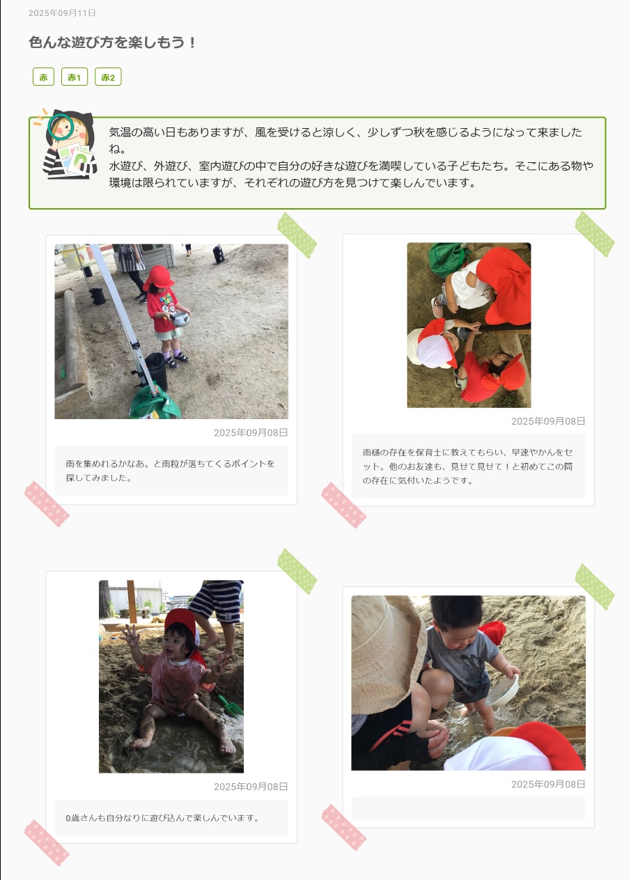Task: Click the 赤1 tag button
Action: tap(75, 77)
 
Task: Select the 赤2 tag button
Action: tap(108, 77)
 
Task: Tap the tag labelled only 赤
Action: tap(43, 77)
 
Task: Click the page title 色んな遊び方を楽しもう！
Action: tap(112, 42)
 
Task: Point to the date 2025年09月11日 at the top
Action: tap(62, 13)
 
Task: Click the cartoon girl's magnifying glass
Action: tap(61, 127)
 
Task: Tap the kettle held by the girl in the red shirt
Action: tap(180, 319)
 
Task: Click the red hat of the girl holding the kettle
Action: tap(158, 276)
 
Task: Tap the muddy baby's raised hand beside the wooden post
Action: tap(130, 635)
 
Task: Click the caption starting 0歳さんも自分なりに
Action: tap(163, 818)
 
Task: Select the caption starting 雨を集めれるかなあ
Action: tap(170, 471)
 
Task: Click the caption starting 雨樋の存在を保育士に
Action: tap(467, 466)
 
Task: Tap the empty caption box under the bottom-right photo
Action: tap(468, 808)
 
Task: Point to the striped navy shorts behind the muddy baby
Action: tap(217, 601)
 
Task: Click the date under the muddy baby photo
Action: tap(251, 787)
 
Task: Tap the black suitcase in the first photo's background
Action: tap(219, 254)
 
